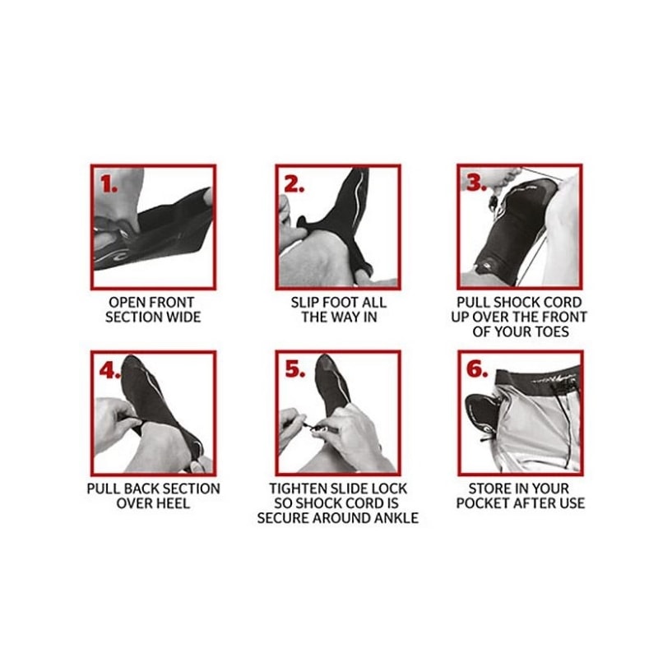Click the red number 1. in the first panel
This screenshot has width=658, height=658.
point(109,184)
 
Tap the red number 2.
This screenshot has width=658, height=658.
point(294,183)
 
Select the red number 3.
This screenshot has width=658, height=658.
point(476,183)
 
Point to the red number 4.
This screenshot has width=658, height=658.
point(110,370)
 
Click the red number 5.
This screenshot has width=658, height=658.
point(295,369)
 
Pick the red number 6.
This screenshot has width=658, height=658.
point(477,369)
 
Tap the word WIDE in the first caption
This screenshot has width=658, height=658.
point(183,317)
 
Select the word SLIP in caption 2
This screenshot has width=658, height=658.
point(304,302)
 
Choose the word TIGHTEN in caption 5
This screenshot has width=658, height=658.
point(297,489)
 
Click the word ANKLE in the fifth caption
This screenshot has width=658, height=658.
point(396,518)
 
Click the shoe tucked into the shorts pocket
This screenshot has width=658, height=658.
point(483,415)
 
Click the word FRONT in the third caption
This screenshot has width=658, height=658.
point(565,317)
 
